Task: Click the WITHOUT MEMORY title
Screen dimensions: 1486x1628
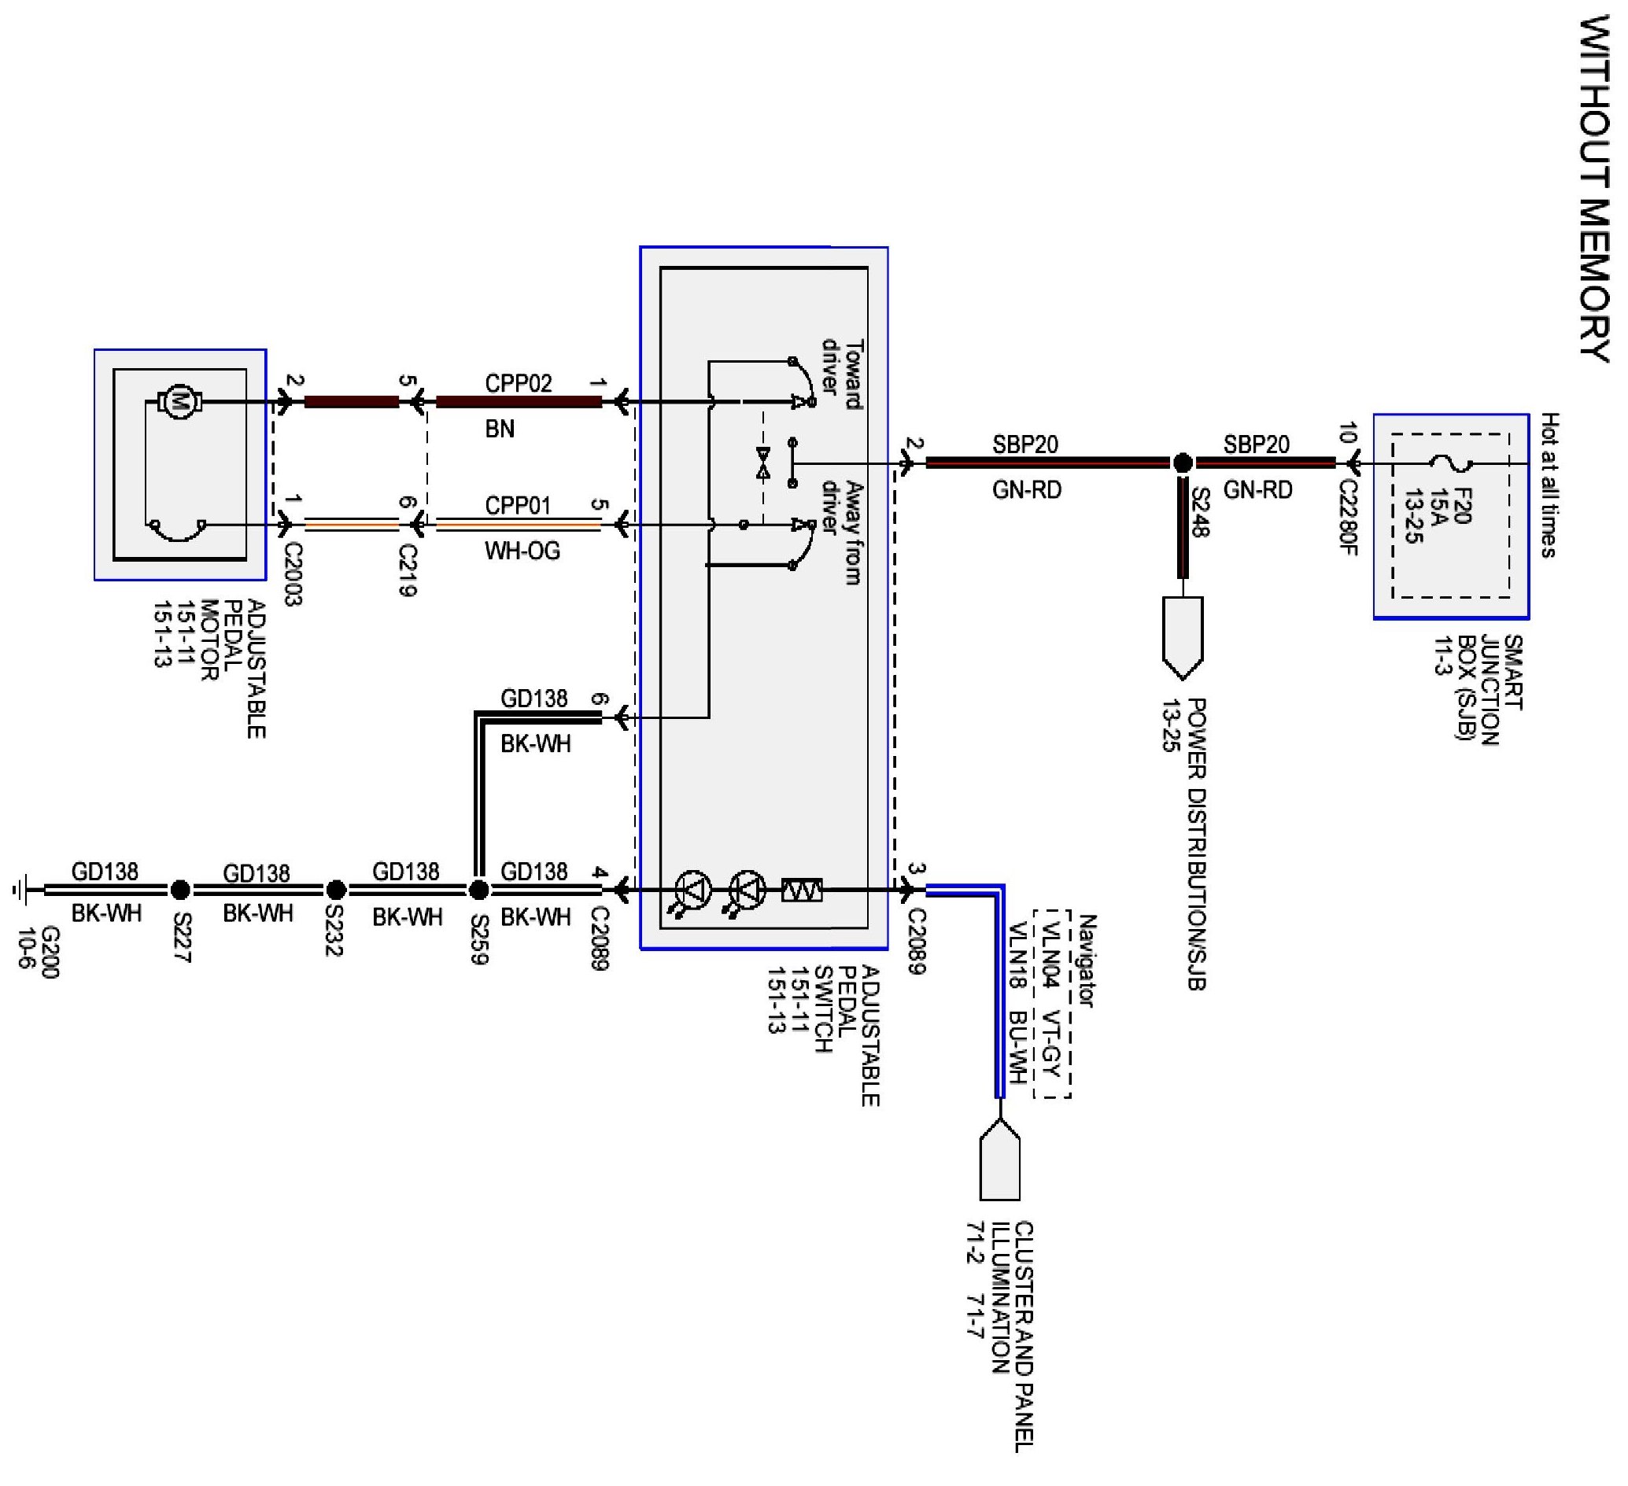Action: (x=1595, y=190)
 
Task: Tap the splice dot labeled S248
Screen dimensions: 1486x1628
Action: (x=1182, y=463)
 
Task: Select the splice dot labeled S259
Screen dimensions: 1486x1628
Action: (x=479, y=890)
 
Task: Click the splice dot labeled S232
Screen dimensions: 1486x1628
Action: (x=336, y=890)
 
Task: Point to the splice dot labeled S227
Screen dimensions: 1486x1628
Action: (x=180, y=890)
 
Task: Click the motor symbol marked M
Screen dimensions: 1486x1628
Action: (x=179, y=401)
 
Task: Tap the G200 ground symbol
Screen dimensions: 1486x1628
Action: (x=20, y=890)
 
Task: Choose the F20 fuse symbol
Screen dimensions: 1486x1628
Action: (x=1450, y=464)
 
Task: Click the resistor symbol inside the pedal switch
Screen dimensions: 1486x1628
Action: (x=802, y=890)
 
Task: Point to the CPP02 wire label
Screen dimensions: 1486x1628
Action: (x=519, y=383)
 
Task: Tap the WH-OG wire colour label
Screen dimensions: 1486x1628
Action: (x=522, y=551)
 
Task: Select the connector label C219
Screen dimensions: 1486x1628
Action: (x=408, y=570)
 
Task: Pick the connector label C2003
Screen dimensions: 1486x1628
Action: (x=293, y=573)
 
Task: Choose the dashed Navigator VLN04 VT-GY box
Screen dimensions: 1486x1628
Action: (x=1052, y=1004)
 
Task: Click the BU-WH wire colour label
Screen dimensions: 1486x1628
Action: (x=1017, y=1047)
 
